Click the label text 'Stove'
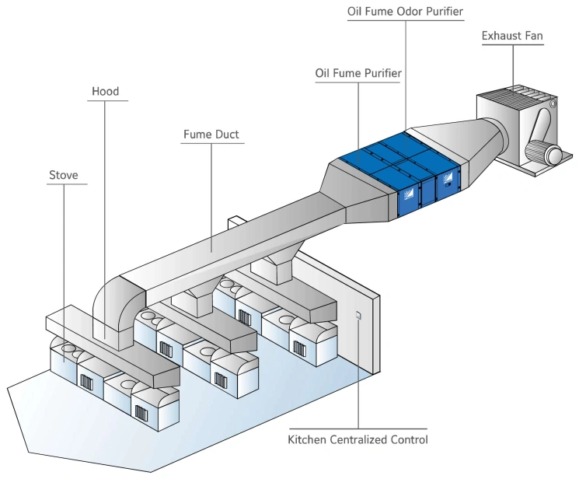tap(64, 175)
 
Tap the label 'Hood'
tap(105, 92)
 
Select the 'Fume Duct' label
tap(211, 134)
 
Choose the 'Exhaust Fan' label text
tap(513, 36)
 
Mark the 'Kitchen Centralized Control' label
tap(358, 440)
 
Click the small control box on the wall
tap(358, 315)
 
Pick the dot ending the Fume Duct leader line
tap(211, 250)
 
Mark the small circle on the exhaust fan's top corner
tap(553, 102)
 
